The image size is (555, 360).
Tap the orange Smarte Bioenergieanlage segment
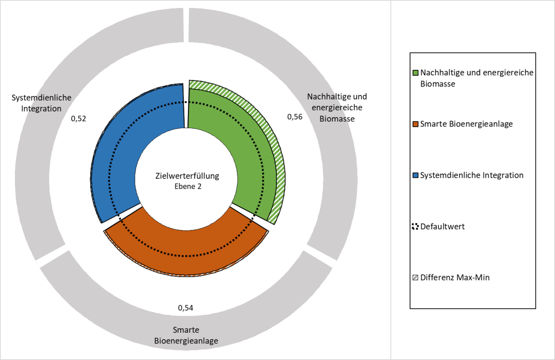[186, 248]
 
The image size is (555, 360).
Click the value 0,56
[295, 117]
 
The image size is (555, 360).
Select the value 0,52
[79, 119]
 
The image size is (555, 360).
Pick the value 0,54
[186, 308]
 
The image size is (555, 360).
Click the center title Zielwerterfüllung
[187, 176]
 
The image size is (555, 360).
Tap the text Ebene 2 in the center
[188, 186]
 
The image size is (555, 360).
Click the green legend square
[416, 73]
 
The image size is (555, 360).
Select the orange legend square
[416, 124]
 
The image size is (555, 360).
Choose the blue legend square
[416, 175]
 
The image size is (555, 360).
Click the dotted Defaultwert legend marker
[416, 227]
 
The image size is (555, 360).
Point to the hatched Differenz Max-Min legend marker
[416, 277]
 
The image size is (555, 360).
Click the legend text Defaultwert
[443, 227]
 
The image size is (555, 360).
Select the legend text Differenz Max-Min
[455, 277]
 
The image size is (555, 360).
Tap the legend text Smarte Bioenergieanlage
[466, 124]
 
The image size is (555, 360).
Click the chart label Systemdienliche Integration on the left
[41, 103]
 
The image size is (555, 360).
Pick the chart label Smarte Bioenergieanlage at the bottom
[186, 335]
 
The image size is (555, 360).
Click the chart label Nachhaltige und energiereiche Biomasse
[337, 108]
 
